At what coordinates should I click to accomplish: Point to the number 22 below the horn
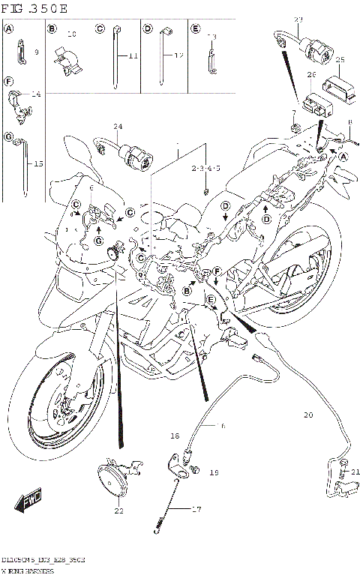click(x=118, y=511)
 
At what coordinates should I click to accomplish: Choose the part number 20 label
click(x=308, y=415)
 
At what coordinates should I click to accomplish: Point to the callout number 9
click(x=36, y=52)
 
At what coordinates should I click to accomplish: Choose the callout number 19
click(x=214, y=473)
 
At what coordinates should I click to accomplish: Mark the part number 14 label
click(x=35, y=94)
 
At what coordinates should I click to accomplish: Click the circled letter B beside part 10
click(x=53, y=29)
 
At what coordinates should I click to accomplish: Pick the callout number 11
click(x=133, y=56)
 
